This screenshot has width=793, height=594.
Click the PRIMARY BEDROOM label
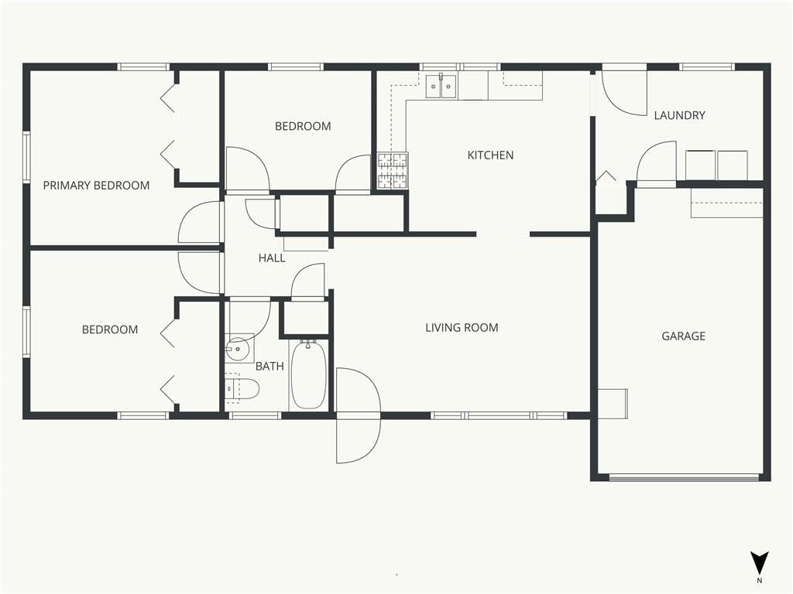pyautogui.click(x=96, y=186)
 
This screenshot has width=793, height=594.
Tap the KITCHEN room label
pyautogui.click(x=490, y=155)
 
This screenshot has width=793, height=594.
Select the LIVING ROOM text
pyautogui.click(x=462, y=328)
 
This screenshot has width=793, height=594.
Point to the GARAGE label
pyautogui.click(x=683, y=336)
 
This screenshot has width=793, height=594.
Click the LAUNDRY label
pyautogui.click(x=679, y=115)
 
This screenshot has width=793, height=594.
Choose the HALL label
pyautogui.click(x=272, y=258)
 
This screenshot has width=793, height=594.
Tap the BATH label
pyautogui.click(x=269, y=366)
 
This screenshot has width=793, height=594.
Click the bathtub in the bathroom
pyautogui.click(x=308, y=375)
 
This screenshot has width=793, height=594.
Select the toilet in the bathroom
pyautogui.click(x=242, y=389)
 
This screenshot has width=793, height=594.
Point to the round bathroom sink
pyautogui.click(x=237, y=349)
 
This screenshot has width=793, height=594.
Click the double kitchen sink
pyautogui.click(x=441, y=86)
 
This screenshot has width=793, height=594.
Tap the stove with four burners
pyautogui.click(x=393, y=171)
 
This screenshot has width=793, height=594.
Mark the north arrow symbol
pyautogui.click(x=759, y=563)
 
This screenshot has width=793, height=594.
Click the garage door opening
pyautogui.click(x=684, y=477)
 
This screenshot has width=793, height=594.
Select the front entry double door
pyautogui.click(x=358, y=415)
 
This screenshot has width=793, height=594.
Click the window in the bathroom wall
pyautogui.click(x=255, y=415)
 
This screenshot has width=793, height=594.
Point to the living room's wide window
pyautogui.click(x=498, y=415)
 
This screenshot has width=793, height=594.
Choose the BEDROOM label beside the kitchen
pyautogui.click(x=303, y=126)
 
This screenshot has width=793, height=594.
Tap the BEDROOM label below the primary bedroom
pyautogui.click(x=110, y=329)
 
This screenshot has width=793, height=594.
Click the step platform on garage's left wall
pyautogui.click(x=613, y=404)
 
